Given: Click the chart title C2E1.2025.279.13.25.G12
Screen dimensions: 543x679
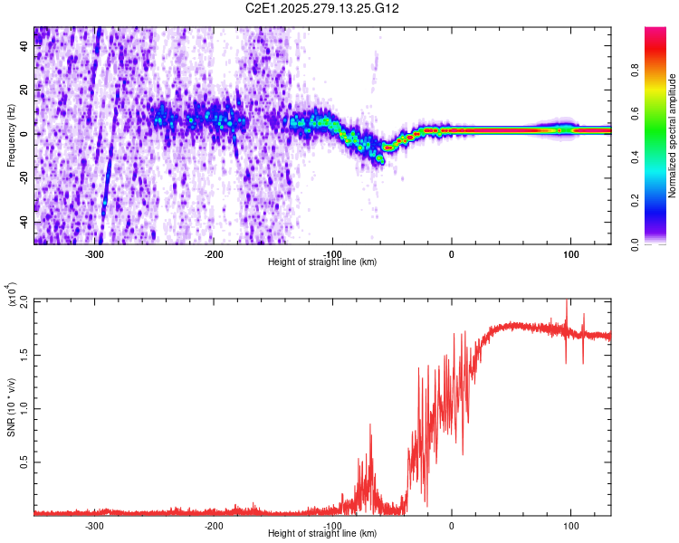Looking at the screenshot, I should tap(323, 8).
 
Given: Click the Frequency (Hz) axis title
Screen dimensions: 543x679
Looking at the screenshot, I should tap(10, 136).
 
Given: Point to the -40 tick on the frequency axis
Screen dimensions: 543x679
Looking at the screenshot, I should tap(22, 222).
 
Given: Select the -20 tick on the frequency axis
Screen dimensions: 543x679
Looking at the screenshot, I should tap(22, 178).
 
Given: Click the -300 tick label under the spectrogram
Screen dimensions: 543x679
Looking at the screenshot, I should tap(94, 254).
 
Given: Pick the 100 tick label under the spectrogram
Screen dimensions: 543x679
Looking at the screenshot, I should tap(571, 254).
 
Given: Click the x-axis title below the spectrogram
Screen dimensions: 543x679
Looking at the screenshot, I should tap(323, 262).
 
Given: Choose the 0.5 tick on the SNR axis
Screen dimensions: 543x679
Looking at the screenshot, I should tap(24, 462).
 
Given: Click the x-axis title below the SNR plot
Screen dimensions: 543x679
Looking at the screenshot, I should tap(323, 534).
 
